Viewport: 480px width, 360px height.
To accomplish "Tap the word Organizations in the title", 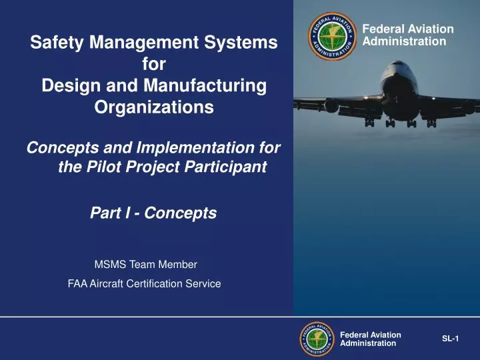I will (x=155, y=107).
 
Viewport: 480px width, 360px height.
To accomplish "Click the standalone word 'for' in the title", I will (x=155, y=65).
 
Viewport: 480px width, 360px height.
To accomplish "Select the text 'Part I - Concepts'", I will (x=153, y=213).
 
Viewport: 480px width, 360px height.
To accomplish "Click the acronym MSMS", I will (x=109, y=264).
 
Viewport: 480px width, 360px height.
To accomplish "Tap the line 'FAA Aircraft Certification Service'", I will (x=144, y=283).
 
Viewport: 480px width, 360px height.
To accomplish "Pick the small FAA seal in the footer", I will (x=317, y=339).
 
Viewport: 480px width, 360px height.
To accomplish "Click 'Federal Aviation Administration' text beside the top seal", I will (x=406, y=35).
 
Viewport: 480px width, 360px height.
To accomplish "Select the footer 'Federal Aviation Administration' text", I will (x=370, y=339).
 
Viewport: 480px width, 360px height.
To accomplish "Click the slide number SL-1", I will (x=451, y=339).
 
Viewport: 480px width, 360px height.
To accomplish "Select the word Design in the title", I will (x=65, y=86).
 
